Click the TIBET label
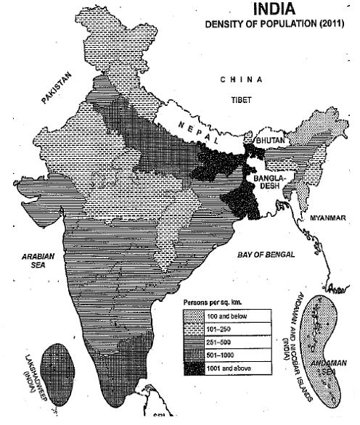tap(240, 99)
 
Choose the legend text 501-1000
tap(223, 355)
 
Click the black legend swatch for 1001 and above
tap(195, 368)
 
